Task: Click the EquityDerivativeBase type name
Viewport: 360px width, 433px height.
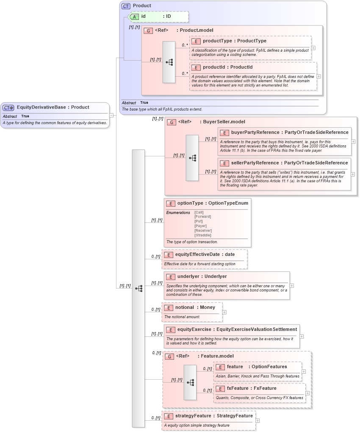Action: [x=41, y=107]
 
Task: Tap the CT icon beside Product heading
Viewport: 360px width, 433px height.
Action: [x=126, y=6]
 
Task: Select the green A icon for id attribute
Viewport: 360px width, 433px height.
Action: [x=134, y=17]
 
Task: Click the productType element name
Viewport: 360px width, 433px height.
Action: [x=217, y=41]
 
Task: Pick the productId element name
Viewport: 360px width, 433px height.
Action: [x=216, y=67]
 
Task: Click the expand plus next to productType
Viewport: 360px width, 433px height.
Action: [x=313, y=47]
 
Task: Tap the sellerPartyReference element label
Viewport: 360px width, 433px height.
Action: [x=255, y=163]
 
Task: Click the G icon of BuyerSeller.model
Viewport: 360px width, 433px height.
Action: [x=172, y=122]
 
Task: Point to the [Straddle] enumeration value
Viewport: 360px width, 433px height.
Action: [x=202, y=235]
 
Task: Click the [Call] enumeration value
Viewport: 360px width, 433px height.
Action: [x=199, y=212]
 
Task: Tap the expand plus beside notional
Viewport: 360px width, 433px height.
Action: [x=224, y=312]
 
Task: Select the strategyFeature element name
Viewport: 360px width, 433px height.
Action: [x=193, y=416]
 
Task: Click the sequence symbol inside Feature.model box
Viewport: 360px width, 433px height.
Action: [x=190, y=382]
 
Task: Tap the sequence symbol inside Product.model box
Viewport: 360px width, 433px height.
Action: [x=169, y=62]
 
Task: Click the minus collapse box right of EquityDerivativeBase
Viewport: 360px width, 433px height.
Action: [x=111, y=115]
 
